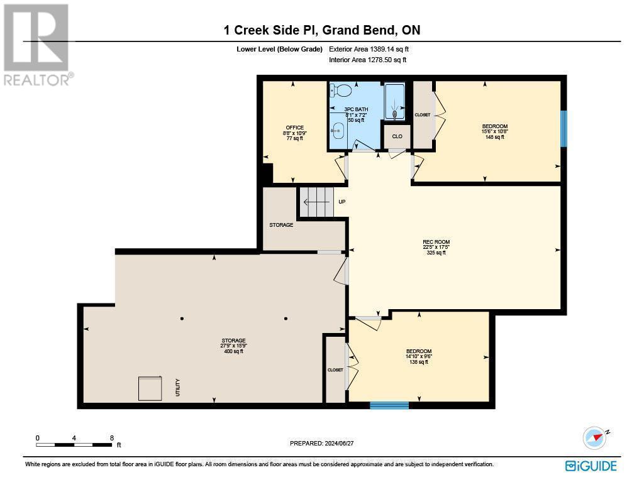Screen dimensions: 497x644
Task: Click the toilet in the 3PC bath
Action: pyautogui.click(x=340, y=91)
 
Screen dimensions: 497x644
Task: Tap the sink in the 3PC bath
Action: pyautogui.click(x=338, y=132)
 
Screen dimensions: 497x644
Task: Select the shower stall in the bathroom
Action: pyautogui.click(x=395, y=102)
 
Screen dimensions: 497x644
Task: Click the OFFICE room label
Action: pyautogui.click(x=294, y=128)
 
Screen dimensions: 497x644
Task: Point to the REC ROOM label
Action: pyautogui.click(x=436, y=242)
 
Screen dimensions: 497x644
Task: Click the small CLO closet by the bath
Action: pyautogui.click(x=397, y=136)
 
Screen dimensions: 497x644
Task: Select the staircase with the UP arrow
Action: pyautogui.click(x=316, y=202)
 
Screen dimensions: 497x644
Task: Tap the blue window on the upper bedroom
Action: pyautogui.click(x=563, y=129)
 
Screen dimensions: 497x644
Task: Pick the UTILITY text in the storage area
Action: pyautogui.click(x=178, y=387)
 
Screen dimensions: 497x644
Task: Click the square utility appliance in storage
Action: pyautogui.click(x=150, y=388)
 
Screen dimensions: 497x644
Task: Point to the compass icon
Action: pyautogui.click(x=594, y=437)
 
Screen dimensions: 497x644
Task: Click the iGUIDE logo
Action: pyautogui.click(x=591, y=466)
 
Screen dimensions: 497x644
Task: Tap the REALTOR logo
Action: pyautogui.click(x=36, y=44)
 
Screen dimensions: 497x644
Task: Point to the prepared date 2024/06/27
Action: pyautogui.click(x=322, y=443)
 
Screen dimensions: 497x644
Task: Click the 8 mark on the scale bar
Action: pyautogui.click(x=111, y=438)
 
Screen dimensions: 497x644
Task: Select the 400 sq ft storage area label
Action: pyautogui.click(x=233, y=351)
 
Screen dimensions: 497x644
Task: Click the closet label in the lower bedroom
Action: pyautogui.click(x=335, y=370)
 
